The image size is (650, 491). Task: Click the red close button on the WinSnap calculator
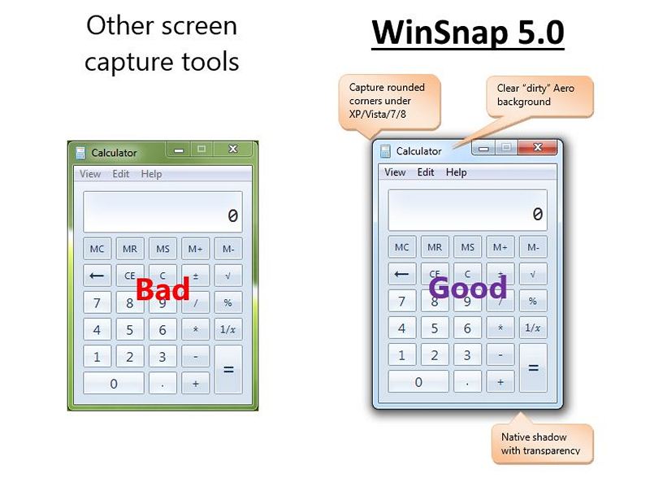coord(537,147)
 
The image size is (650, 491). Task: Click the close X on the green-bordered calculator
coord(233,149)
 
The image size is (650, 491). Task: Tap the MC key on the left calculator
coord(97,249)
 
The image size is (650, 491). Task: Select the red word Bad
coord(162,289)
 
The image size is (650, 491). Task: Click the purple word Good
coord(468,288)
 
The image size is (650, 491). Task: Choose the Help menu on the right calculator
coord(456,172)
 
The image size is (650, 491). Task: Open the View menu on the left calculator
coord(90,174)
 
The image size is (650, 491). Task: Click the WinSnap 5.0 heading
coord(468,33)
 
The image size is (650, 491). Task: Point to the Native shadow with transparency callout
coord(542,443)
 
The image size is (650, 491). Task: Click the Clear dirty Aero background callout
coord(539,95)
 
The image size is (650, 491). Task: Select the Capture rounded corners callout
coord(389,101)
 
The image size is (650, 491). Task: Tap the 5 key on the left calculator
coord(130,330)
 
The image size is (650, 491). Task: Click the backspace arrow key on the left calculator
coord(97,276)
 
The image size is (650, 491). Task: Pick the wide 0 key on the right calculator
coord(418,382)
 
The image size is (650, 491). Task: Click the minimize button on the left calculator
coord(179,150)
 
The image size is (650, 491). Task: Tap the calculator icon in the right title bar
coord(385,151)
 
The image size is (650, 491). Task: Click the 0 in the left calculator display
coord(232,215)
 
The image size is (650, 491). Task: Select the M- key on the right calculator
coord(533,247)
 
